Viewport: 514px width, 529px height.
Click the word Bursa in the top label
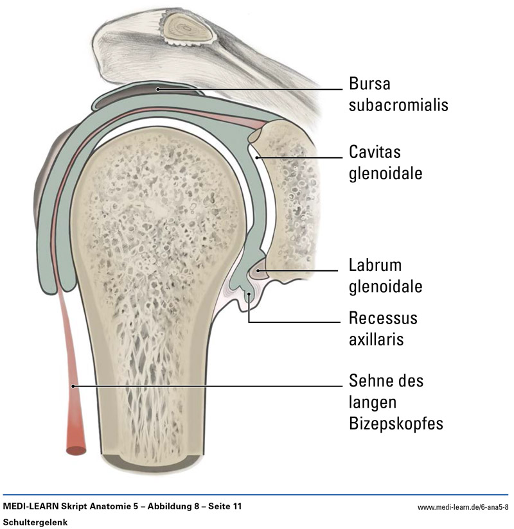click(x=369, y=84)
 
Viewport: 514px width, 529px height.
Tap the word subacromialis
click(x=398, y=105)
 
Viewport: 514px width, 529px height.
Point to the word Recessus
click(x=383, y=318)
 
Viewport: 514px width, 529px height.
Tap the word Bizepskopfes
click(x=396, y=424)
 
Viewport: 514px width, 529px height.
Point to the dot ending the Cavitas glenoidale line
click(x=256, y=156)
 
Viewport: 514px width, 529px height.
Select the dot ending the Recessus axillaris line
click(x=249, y=294)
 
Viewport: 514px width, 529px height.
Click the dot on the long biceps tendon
click(x=75, y=386)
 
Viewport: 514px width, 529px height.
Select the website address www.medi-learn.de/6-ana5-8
click(x=463, y=507)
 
